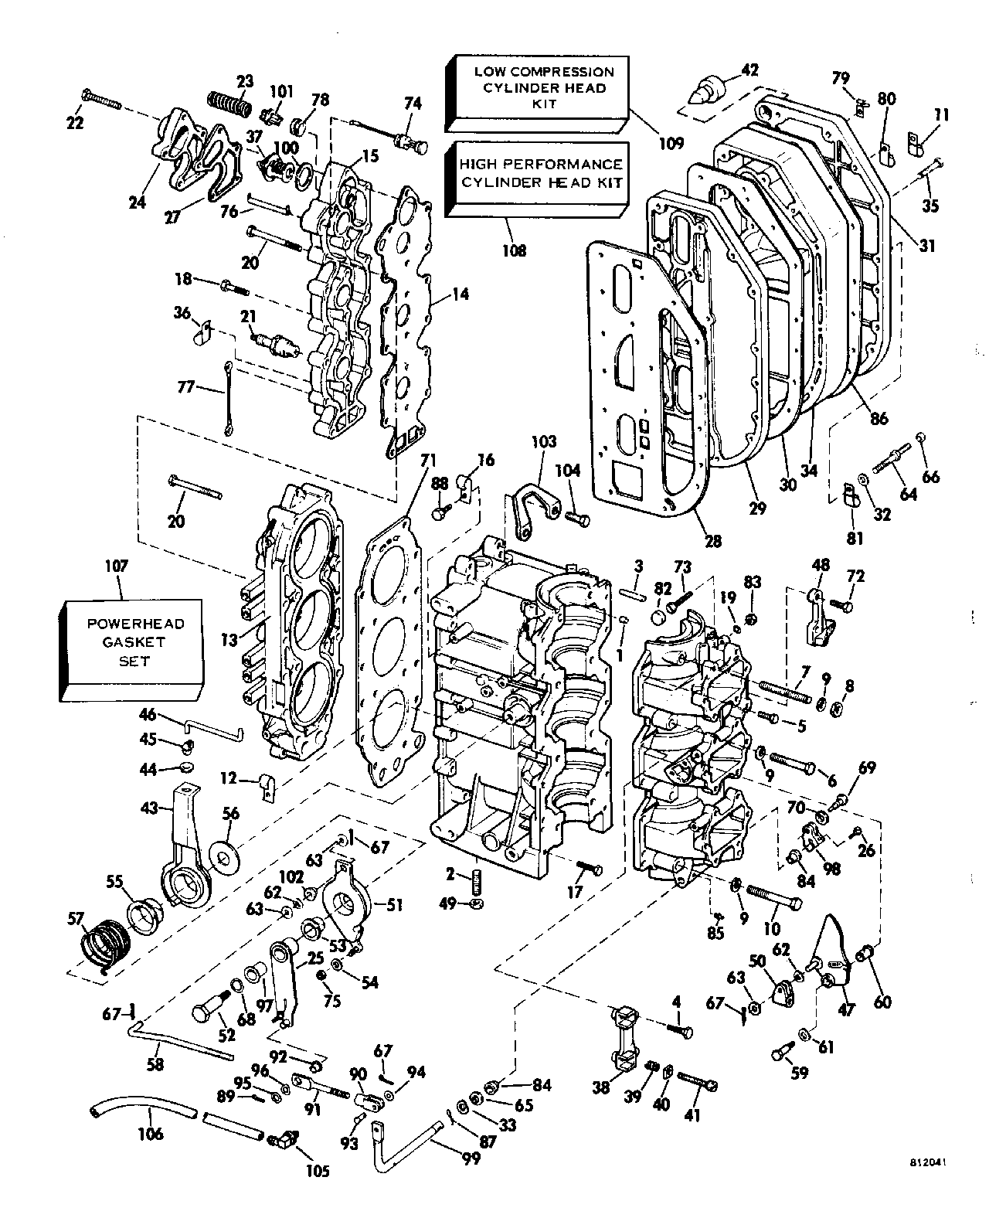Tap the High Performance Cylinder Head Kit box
540,174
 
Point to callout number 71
424,461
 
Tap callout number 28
712,541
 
